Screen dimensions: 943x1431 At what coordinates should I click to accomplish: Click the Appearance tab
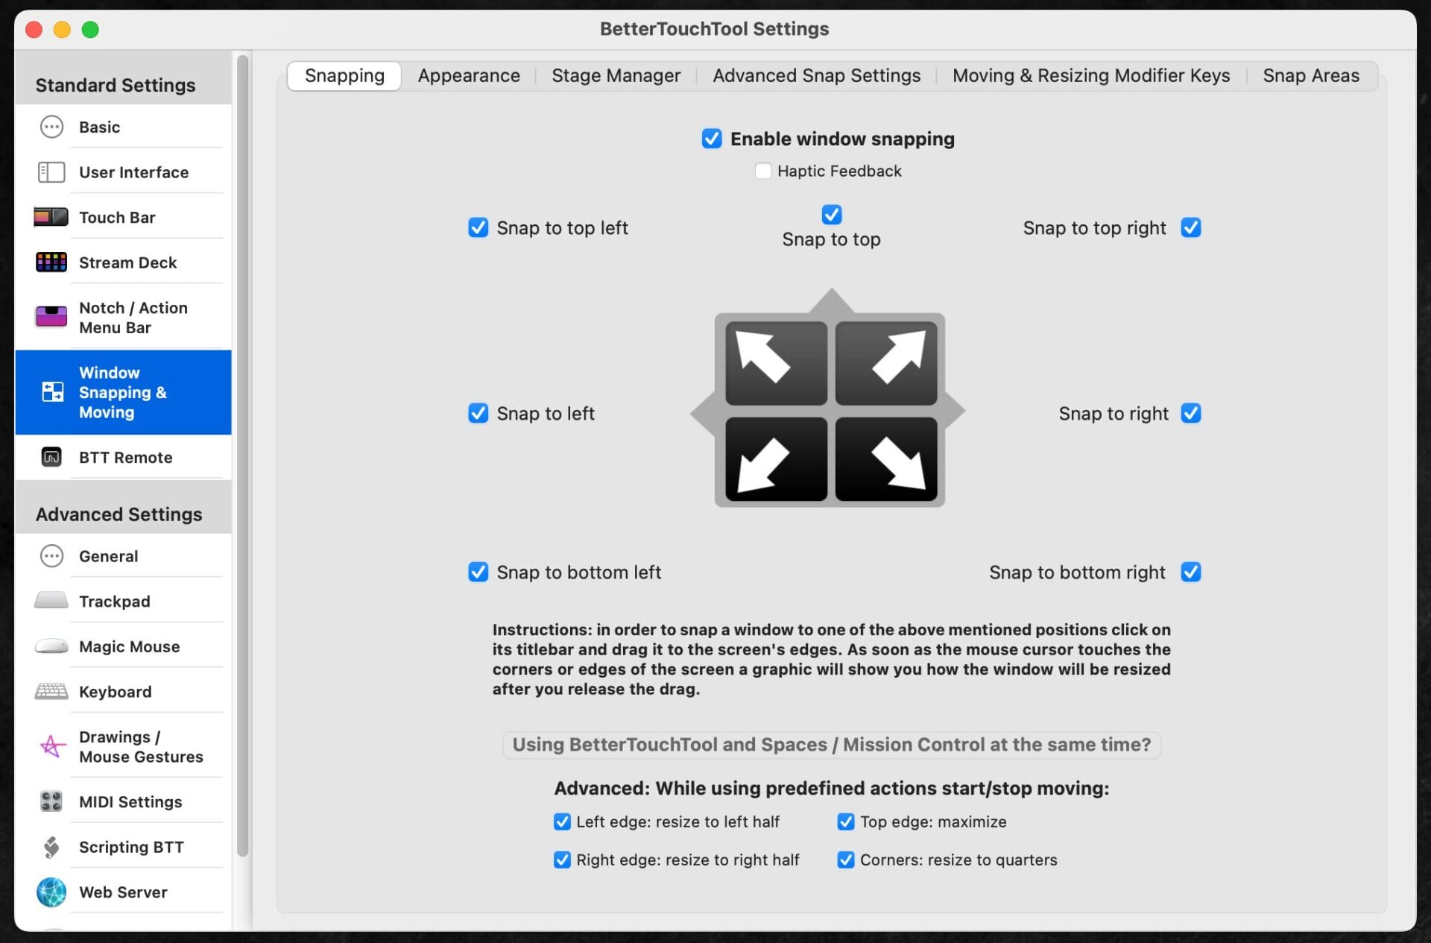point(468,75)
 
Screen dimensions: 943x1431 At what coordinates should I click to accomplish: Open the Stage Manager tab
point(616,75)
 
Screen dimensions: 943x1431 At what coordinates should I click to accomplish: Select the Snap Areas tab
point(1310,75)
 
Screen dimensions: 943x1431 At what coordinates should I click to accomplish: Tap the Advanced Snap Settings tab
point(816,75)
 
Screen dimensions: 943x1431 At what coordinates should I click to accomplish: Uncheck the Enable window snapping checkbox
point(712,139)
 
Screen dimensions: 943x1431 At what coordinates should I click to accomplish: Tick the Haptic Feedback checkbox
point(762,171)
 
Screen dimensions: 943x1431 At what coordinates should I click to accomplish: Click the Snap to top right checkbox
point(1190,227)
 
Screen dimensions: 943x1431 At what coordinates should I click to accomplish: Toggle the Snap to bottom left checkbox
point(478,572)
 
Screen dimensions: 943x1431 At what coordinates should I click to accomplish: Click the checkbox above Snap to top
point(831,215)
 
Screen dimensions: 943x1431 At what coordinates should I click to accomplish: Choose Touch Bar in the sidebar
point(117,217)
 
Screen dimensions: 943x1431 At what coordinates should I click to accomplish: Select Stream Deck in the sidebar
point(127,262)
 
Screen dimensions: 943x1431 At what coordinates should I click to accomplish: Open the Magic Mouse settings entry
point(129,646)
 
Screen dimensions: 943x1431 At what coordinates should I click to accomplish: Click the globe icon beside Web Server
point(51,892)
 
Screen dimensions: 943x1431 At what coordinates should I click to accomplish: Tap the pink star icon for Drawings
point(51,746)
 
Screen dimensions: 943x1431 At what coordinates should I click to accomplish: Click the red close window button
point(34,30)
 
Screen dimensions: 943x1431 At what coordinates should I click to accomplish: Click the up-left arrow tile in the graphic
point(776,363)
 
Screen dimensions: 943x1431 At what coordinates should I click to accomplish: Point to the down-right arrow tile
point(886,458)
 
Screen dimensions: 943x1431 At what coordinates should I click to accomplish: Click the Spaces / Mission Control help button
point(831,744)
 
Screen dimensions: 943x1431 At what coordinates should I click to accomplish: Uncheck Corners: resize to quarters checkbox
point(845,860)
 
